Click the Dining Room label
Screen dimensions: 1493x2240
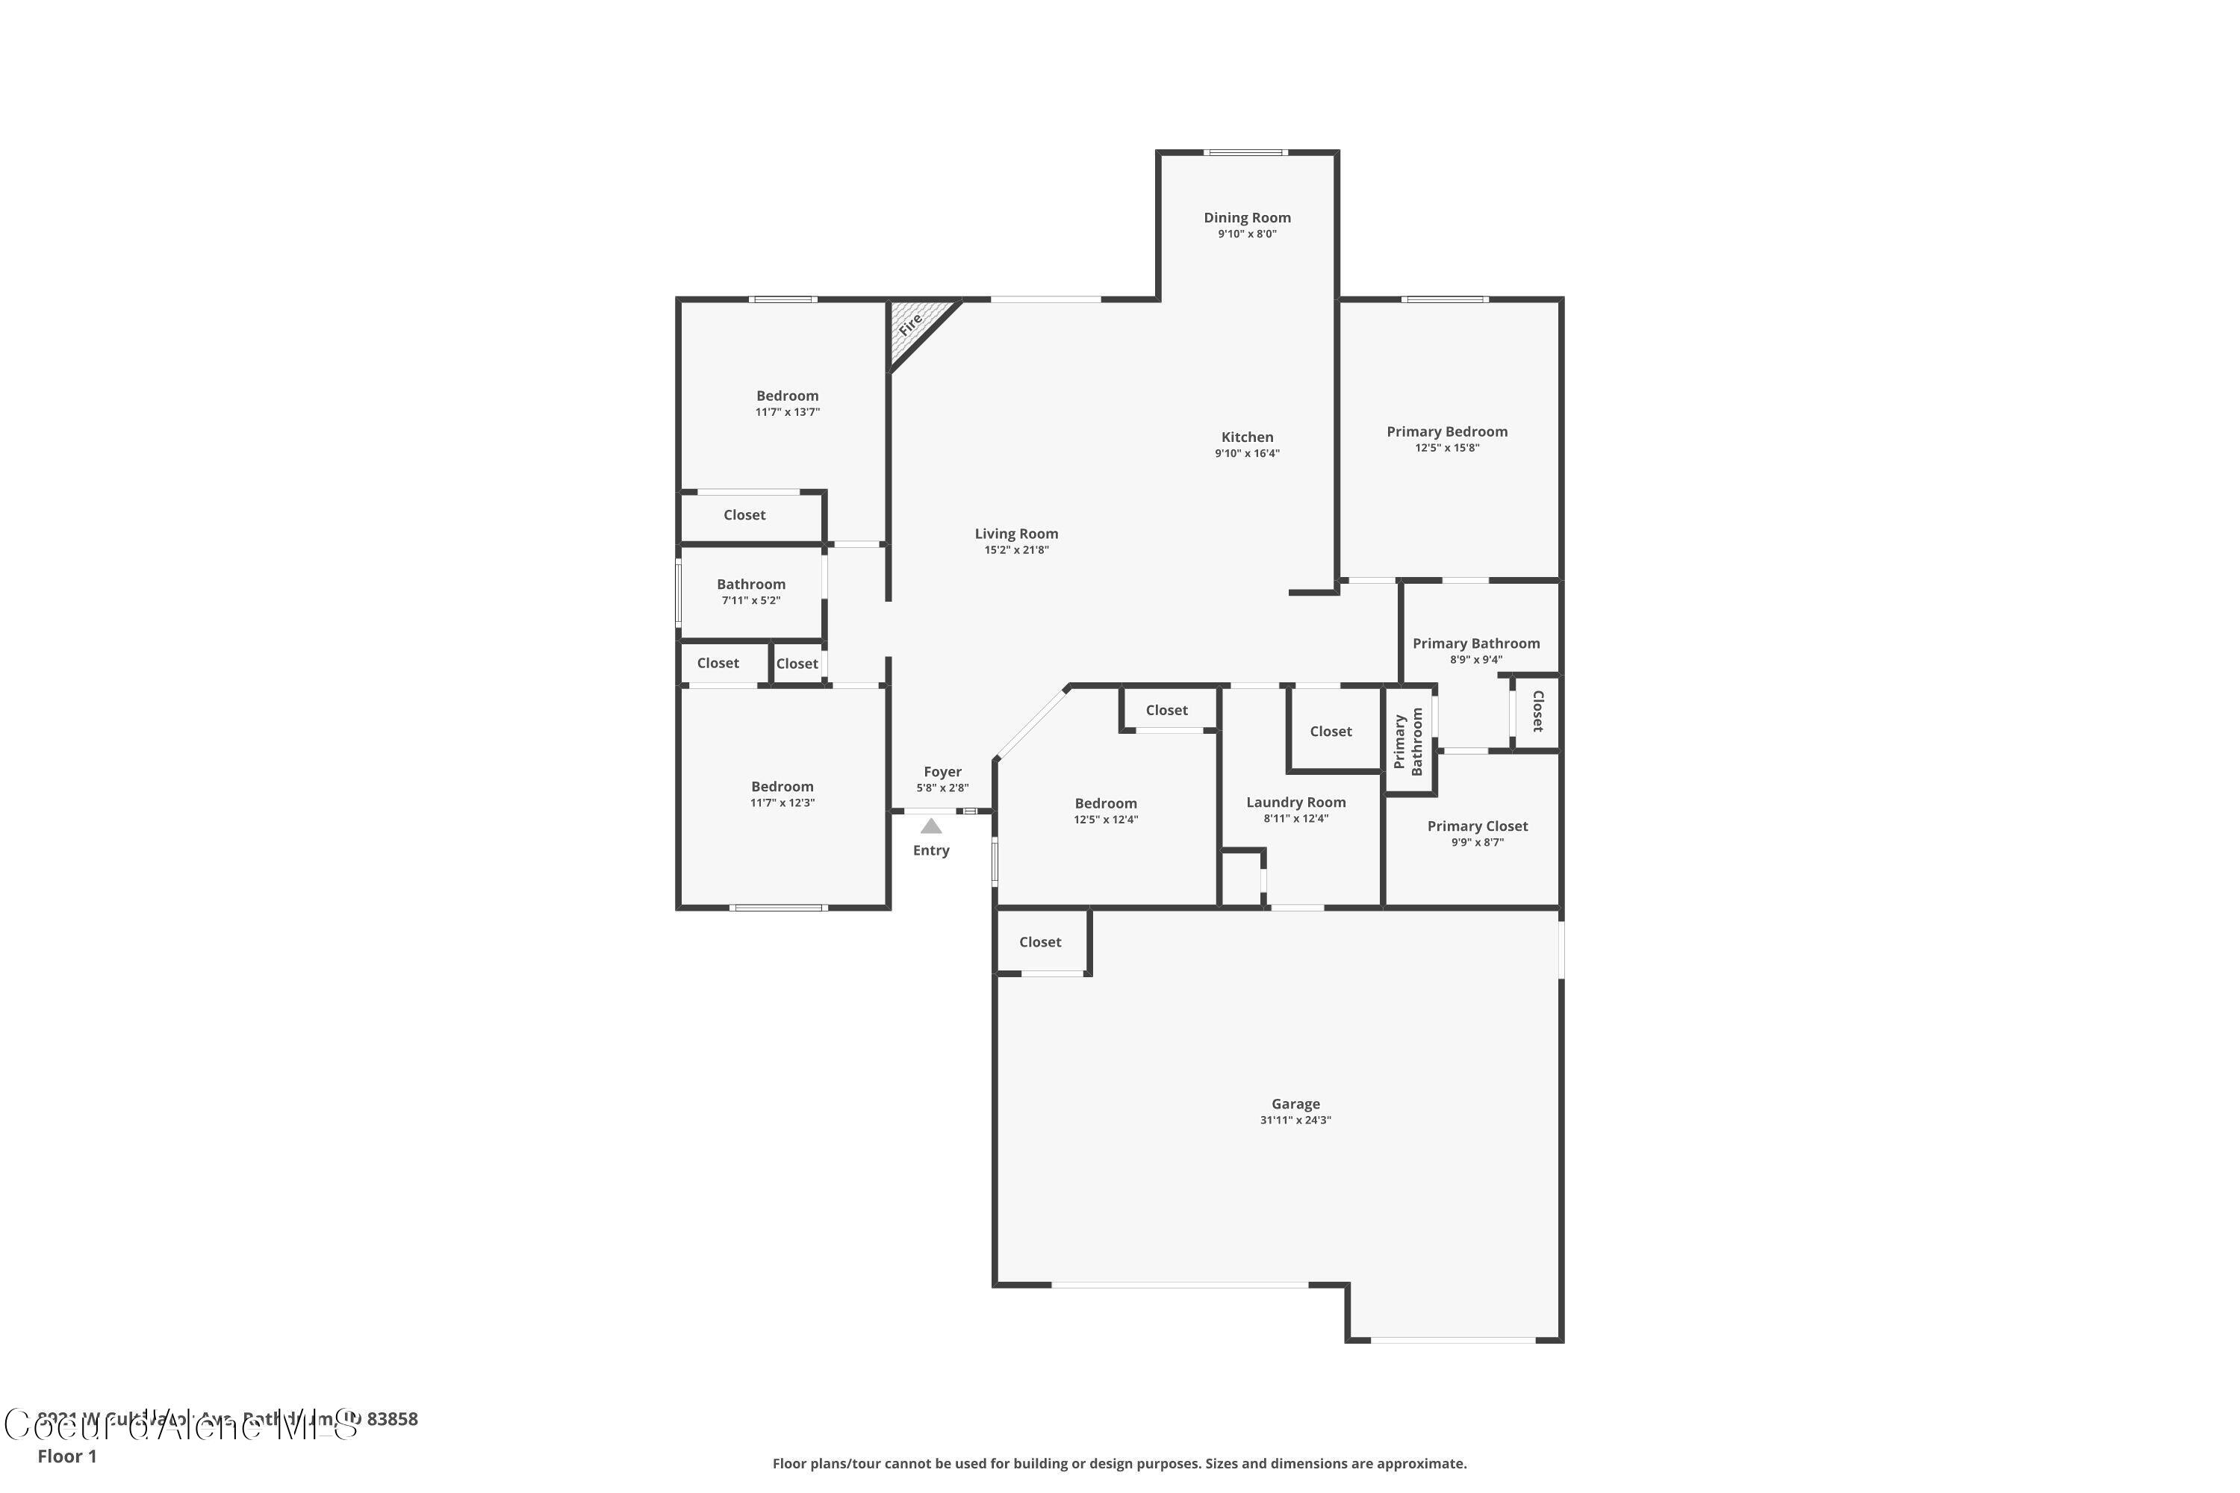[1247, 218]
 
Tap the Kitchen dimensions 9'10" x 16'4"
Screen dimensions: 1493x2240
[1247, 454]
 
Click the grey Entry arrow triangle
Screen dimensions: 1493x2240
[930, 826]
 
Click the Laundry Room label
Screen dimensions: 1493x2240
[1295, 802]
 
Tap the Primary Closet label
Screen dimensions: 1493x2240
[1477, 826]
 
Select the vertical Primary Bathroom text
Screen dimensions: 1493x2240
[1407, 742]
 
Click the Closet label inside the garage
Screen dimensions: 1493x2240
[1040, 941]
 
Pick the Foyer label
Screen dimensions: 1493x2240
[942, 772]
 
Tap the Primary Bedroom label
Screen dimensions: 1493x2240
[1447, 432]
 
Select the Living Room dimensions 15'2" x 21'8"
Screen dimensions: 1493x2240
[1016, 550]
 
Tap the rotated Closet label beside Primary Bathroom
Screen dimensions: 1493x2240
[1537, 711]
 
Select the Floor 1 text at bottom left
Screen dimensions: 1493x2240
[66, 1456]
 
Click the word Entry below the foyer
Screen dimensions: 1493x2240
[930, 851]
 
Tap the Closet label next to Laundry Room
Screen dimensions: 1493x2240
[1331, 732]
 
